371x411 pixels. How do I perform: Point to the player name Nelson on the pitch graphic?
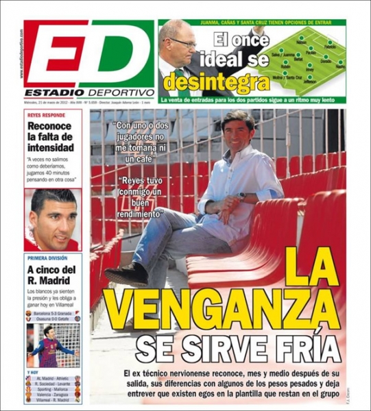(302, 42)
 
